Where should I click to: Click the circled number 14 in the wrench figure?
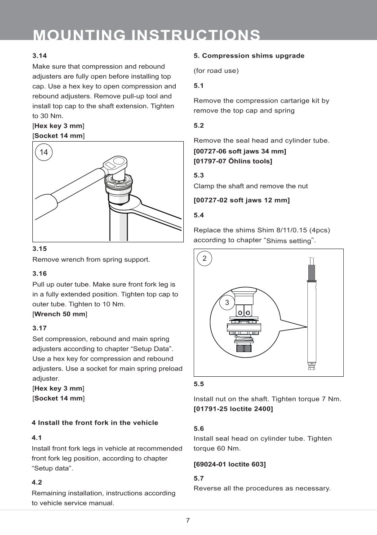tap(44, 152)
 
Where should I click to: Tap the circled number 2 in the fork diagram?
tap(204, 258)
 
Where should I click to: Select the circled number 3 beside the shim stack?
tap(227, 303)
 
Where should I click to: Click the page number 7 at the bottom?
tap(188, 521)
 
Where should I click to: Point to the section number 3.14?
tap(40, 56)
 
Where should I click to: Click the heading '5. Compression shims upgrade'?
tap(249, 56)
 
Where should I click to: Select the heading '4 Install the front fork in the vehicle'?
tap(95, 423)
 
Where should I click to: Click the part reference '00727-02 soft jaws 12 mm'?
tap(241, 200)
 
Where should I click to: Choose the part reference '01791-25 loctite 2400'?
tap(233, 409)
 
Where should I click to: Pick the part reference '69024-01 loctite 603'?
tap(230, 464)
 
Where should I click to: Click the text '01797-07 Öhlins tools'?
tap(233, 160)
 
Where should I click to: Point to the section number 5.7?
tap(199, 478)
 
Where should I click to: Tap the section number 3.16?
tap(40, 273)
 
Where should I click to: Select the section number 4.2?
tap(37, 482)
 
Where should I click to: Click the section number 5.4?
tap(199, 215)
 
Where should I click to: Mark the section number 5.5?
tap(199, 384)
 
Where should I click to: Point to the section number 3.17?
tap(40, 328)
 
